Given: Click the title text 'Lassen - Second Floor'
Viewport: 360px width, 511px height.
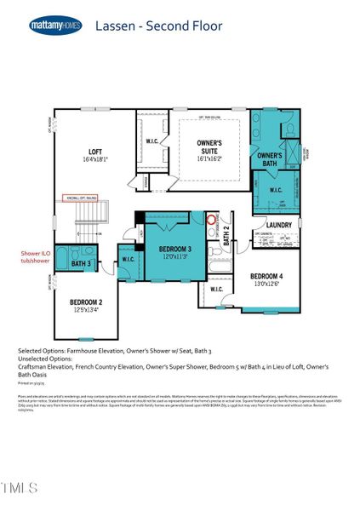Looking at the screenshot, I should tap(158, 26).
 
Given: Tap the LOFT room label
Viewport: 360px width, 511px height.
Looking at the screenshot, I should tap(95, 152).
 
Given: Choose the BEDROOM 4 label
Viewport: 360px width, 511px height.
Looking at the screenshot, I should tap(267, 277).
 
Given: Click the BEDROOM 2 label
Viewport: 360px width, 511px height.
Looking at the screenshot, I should tap(86, 302).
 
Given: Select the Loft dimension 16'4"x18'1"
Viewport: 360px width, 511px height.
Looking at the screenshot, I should tap(95, 159).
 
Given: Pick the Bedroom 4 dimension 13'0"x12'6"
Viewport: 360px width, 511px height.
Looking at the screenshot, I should tap(267, 284).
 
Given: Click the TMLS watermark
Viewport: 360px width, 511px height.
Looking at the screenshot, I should tap(20, 487).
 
